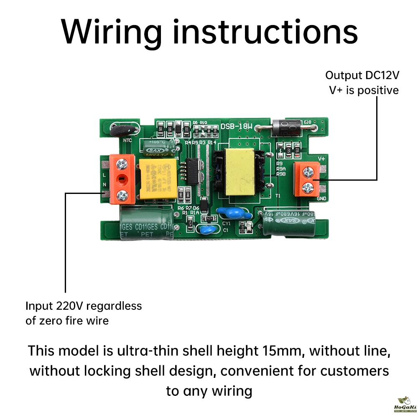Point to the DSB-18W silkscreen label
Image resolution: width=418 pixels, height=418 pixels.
(x=237, y=125)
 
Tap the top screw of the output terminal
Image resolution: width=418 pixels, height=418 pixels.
(x=309, y=171)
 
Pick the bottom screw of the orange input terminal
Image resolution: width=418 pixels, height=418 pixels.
(x=122, y=194)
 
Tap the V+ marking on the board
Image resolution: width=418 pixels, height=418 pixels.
(x=322, y=158)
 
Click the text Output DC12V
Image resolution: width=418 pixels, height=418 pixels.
(x=362, y=76)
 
